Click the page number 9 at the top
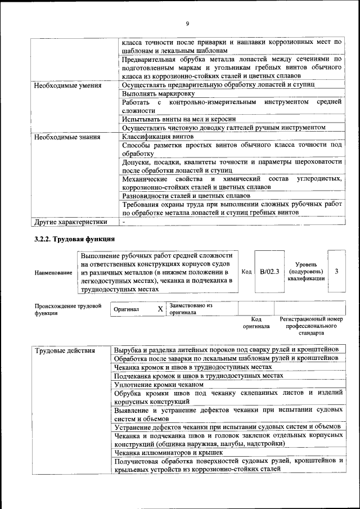(187, 23)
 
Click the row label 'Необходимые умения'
(68, 85)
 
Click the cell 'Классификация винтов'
(158, 137)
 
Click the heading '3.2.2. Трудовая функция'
(75, 239)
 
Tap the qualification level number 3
(336, 271)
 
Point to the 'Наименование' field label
(53, 273)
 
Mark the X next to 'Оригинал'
(160, 309)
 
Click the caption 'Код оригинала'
(256, 322)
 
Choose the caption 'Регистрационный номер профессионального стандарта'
(310, 326)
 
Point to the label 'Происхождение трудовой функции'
(67, 309)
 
